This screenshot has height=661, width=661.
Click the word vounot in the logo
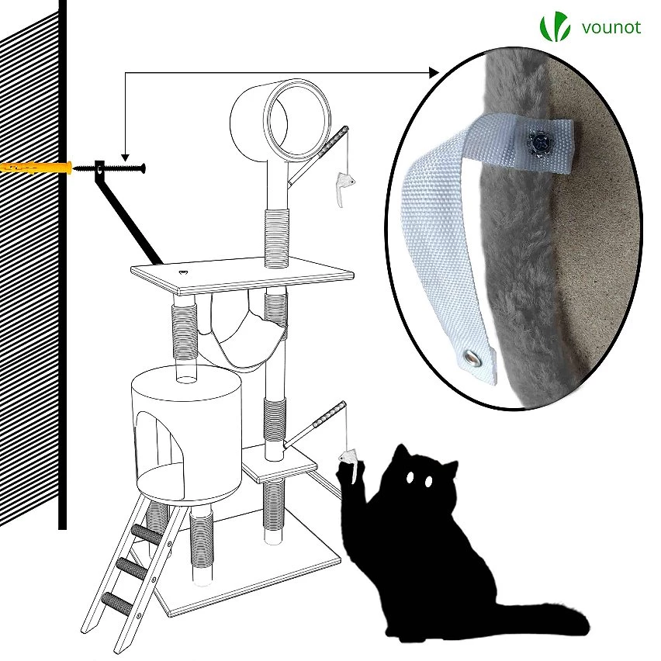[611, 28]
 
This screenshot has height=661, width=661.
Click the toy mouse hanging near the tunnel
[344, 187]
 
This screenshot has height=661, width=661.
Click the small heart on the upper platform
[183, 273]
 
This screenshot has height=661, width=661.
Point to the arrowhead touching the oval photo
[434, 73]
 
